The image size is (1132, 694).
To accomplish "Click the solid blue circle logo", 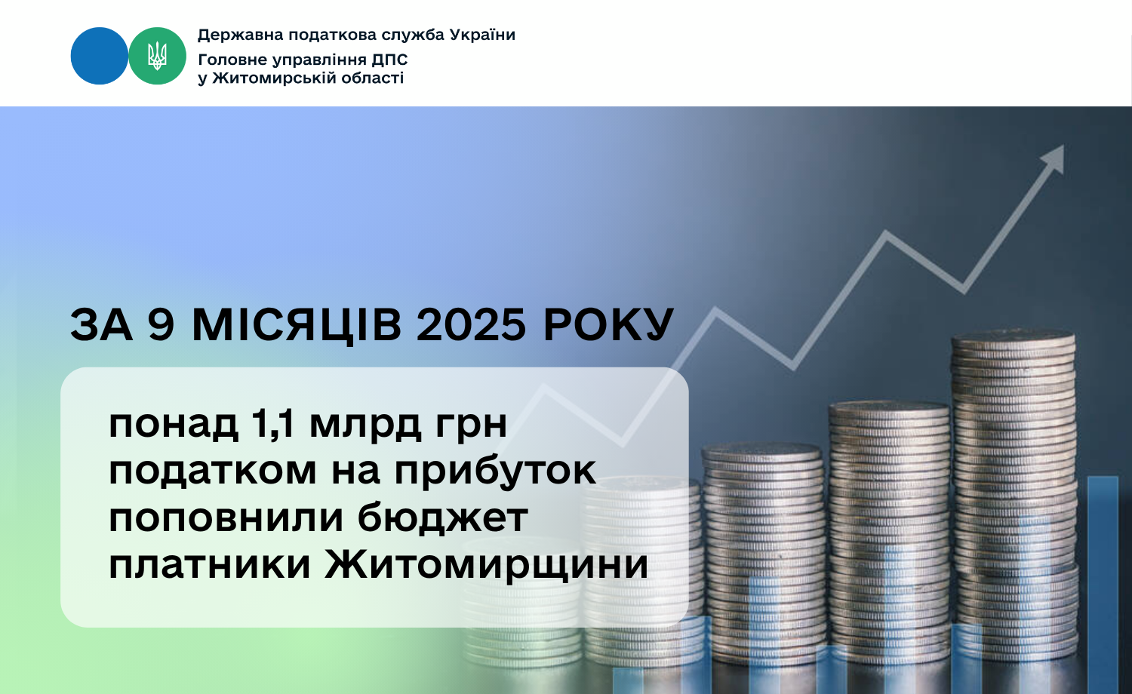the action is [99, 56].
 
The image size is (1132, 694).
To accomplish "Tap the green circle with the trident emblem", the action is [157, 56].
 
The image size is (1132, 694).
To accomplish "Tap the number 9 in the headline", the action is [161, 325].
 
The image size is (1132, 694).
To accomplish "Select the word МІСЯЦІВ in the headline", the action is [297, 326].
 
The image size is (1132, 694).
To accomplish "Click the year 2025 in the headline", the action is [472, 325].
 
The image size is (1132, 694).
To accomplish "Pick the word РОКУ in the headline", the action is [608, 325].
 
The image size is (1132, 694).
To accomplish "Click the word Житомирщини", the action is [486, 564].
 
